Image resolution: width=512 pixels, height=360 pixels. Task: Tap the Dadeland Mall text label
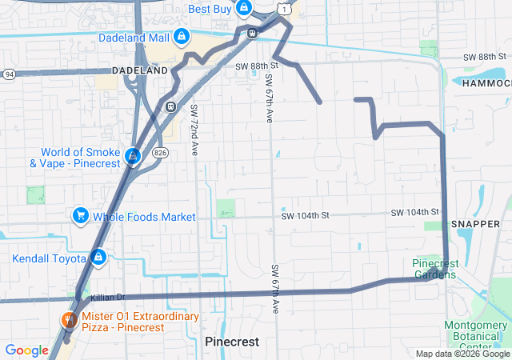134,38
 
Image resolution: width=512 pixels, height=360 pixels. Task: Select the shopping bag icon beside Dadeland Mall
182,37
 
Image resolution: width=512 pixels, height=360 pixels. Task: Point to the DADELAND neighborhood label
139,70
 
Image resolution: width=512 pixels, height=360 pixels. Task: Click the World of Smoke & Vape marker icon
134,155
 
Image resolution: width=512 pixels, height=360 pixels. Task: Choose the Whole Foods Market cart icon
80,216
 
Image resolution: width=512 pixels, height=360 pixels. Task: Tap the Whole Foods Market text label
144,217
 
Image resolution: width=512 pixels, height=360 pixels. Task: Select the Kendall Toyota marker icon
98,258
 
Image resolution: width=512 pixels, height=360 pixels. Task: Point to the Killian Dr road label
108,298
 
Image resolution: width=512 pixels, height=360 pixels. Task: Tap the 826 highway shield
160,151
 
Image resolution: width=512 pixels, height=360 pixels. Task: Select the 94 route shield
8,74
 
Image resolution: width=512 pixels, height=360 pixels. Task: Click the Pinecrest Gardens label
435,269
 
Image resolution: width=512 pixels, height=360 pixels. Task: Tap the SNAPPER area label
475,224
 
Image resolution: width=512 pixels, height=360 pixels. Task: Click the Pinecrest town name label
232,341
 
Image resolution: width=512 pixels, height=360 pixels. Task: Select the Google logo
26,350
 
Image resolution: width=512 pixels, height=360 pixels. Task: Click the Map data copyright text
462,354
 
